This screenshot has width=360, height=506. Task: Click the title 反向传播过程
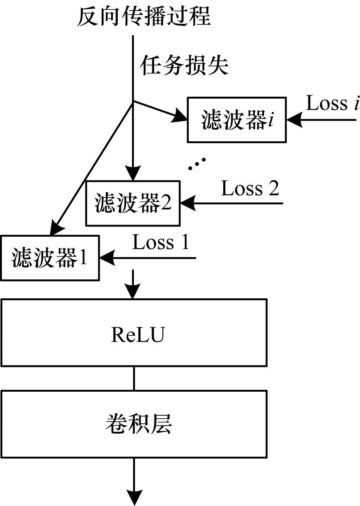(144, 17)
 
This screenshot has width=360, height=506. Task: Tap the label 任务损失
(184, 66)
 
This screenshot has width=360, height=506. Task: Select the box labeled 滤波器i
(237, 120)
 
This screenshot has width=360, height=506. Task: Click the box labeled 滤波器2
(133, 204)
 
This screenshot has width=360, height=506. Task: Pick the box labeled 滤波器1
(50, 258)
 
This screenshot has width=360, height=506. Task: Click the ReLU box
(134, 332)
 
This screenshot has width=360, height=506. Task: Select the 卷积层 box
(134, 424)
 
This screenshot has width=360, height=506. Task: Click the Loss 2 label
(250, 188)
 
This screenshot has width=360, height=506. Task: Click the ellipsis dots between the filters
(197, 164)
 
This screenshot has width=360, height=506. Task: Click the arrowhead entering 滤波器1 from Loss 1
(107, 258)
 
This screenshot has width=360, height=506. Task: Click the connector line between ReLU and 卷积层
(134, 378)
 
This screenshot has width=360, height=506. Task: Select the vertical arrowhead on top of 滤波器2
(133, 173)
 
